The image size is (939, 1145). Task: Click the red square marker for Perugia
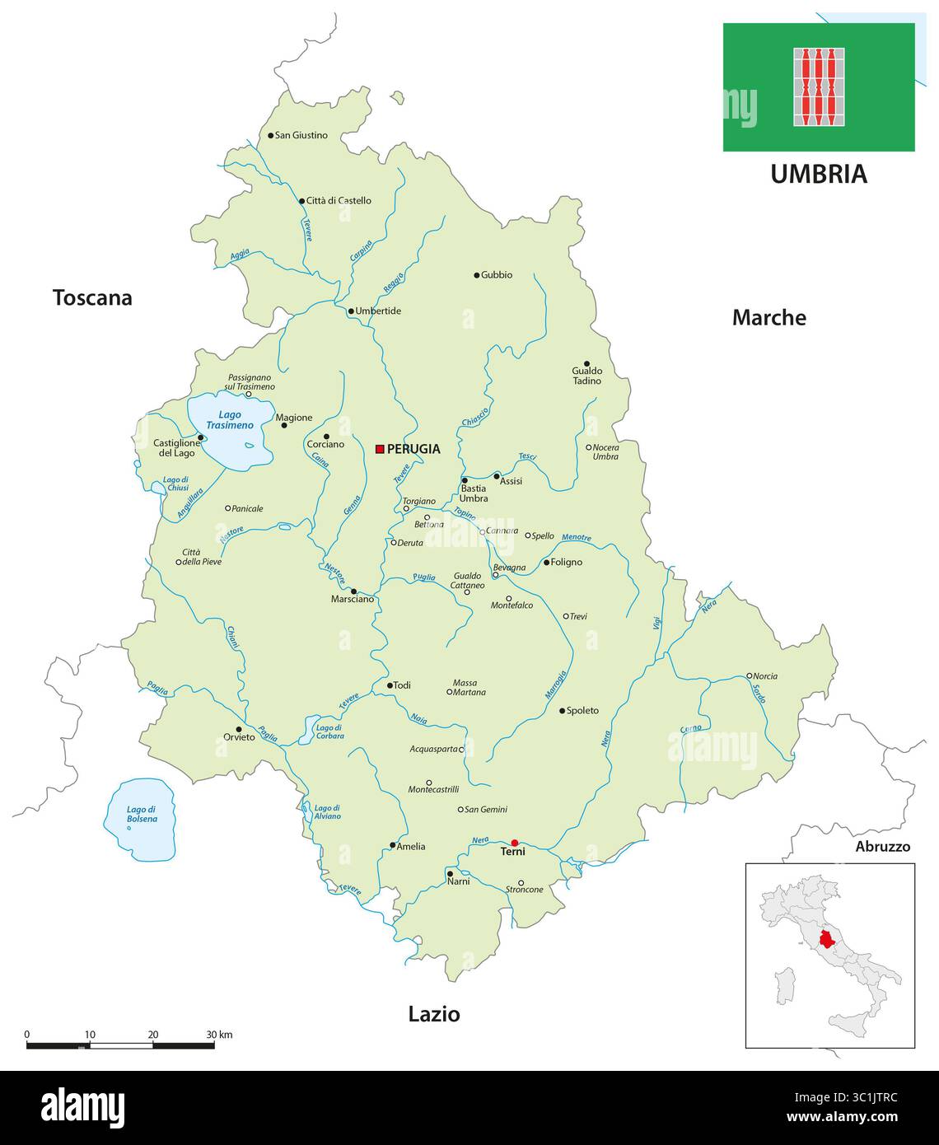pyautogui.click(x=380, y=449)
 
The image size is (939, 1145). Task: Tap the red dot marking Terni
pyautogui.click(x=515, y=843)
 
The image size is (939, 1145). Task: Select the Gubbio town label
pyautogui.click(x=497, y=275)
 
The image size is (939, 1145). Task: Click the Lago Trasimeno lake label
pyautogui.click(x=231, y=420)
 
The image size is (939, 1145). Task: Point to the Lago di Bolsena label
pyautogui.click(x=142, y=815)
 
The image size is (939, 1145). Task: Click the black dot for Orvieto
pyautogui.click(x=240, y=728)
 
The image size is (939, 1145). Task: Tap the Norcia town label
pyautogui.click(x=765, y=676)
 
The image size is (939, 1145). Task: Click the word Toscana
pyautogui.click(x=92, y=298)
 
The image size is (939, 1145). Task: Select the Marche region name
pyautogui.click(x=768, y=318)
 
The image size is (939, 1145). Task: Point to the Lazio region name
pyautogui.click(x=434, y=1014)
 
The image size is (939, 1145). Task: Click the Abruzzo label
pyautogui.click(x=882, y=847)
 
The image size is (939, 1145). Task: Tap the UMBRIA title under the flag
pyautogui.click(x=819, y=174)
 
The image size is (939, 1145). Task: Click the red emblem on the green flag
pyautogui.click(x=819, y=86)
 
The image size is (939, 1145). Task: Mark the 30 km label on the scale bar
pyautogui.click(x=219, y=1034)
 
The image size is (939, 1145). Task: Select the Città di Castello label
pyautogui.click(x=339, y=200)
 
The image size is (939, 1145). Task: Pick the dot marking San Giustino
pyautogui.click(x=270, y=135)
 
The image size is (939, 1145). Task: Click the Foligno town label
pyautogui.click(x=567, y=563)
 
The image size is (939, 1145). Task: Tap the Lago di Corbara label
pyautogui.click(x=329, y=731)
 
